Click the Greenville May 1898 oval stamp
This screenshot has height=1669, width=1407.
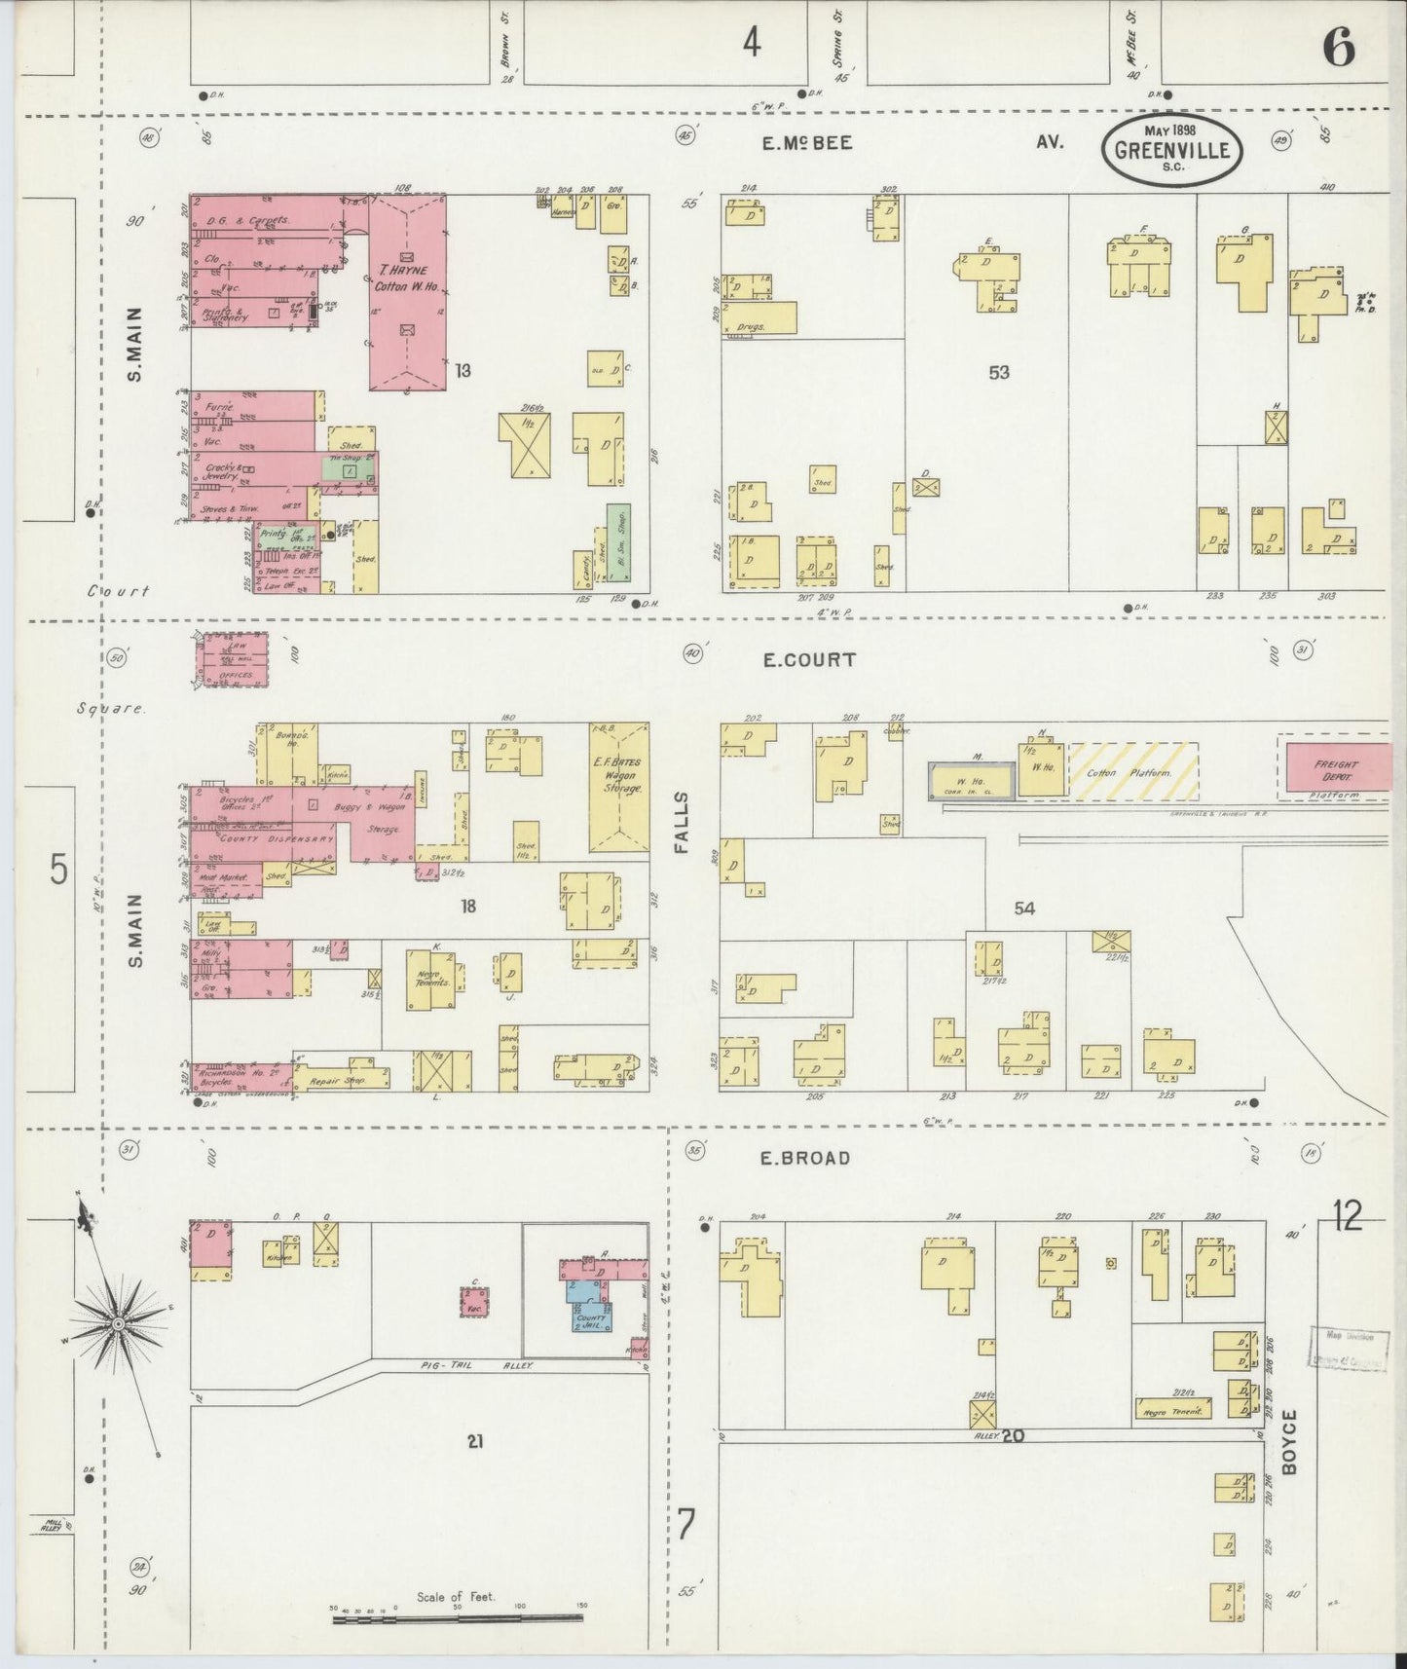point(1171,149)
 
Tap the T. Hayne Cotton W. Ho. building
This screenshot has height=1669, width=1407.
point(408,292)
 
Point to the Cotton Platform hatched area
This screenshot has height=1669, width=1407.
point(1133,772)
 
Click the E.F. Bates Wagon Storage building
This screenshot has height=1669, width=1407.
point(619,787)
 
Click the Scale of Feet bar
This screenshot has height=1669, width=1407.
point(458,1618)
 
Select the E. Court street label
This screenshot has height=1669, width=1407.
point(809,660)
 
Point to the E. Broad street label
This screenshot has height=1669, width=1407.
point(806,1158)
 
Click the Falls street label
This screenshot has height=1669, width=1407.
point(682,823)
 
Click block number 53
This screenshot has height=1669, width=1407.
point(999,372)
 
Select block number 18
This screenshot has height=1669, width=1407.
point(468,907)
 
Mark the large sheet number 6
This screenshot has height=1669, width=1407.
point(1339,47)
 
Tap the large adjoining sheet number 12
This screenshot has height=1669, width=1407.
point(1348,1216)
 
